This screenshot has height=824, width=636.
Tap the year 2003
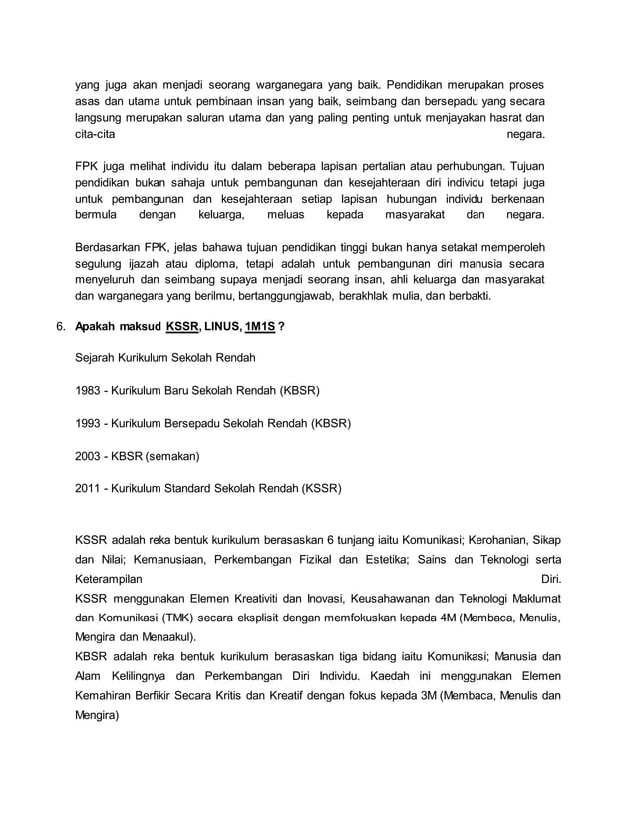(x=89, y=456)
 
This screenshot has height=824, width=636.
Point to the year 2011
(x=89, y=489)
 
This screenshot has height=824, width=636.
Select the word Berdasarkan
(x=111, y=246)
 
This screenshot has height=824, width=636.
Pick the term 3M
(x=424, y=695)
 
